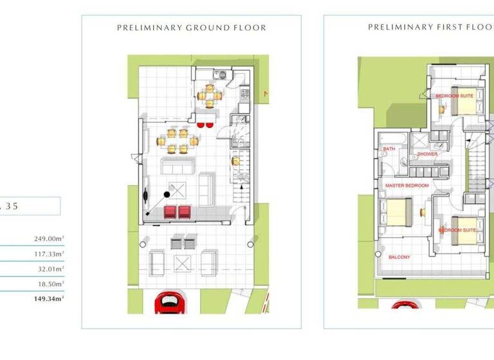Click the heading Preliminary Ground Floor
click(191, 28)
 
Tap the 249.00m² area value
click(49, 239)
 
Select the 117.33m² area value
click(49, 254)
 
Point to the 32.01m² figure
click(51, 269)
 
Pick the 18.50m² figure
click(51, 283)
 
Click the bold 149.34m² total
click(49, 298)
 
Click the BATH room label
click(389, 148)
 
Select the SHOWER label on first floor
click(427, 154)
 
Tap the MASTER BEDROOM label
click(407, 185)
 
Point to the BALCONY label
click(399, 257)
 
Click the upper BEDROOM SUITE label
click(454, 96)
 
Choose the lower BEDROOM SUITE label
click(457, 230)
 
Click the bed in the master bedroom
click(396, 212)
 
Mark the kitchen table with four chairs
click(210, 96)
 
